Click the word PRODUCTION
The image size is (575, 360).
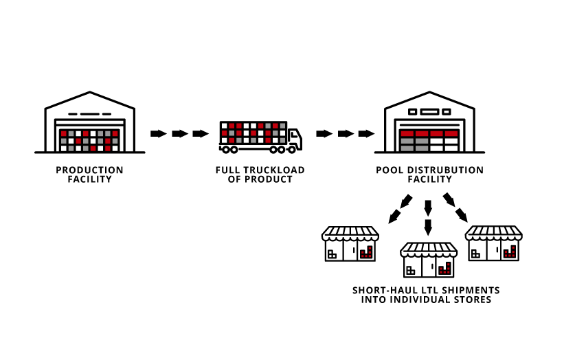coord(89,170)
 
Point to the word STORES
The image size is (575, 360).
coord(473,300)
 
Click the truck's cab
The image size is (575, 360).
coord(295,139)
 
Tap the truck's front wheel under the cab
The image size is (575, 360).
coord(292,150)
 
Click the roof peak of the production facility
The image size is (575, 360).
coord(90,92)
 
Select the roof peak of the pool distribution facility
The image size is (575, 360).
coord(429,92)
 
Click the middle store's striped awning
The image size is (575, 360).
coord(429,249)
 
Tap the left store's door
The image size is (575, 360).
coord(350,251)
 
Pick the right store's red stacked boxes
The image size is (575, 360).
coord(510,252)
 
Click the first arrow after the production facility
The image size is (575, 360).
coord(159,133)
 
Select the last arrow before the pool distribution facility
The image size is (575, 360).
coord(366,133)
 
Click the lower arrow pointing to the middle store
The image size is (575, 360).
coord(428,227)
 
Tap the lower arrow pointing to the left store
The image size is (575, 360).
coord(394,216)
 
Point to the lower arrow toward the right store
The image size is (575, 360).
coord(462,215)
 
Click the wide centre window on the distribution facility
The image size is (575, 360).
coord(429,112)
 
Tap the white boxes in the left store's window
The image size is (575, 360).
coord(332,254)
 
